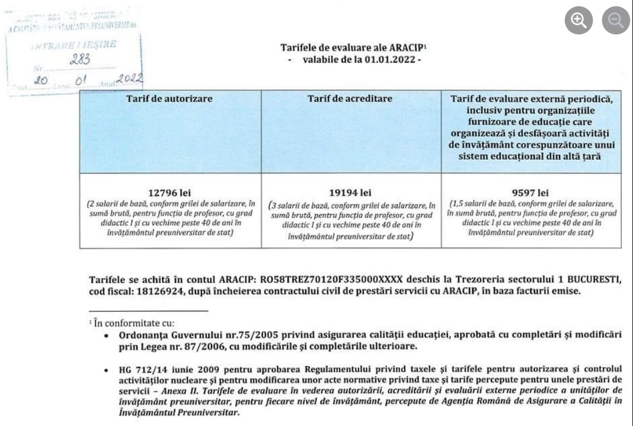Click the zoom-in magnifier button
(579, 21)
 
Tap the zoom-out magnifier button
(616, 21)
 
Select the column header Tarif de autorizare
(170, 98)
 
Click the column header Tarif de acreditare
(350, 98)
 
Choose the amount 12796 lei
(170, 193)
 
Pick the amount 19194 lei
(350, 193)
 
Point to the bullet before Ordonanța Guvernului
(107, 336)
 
